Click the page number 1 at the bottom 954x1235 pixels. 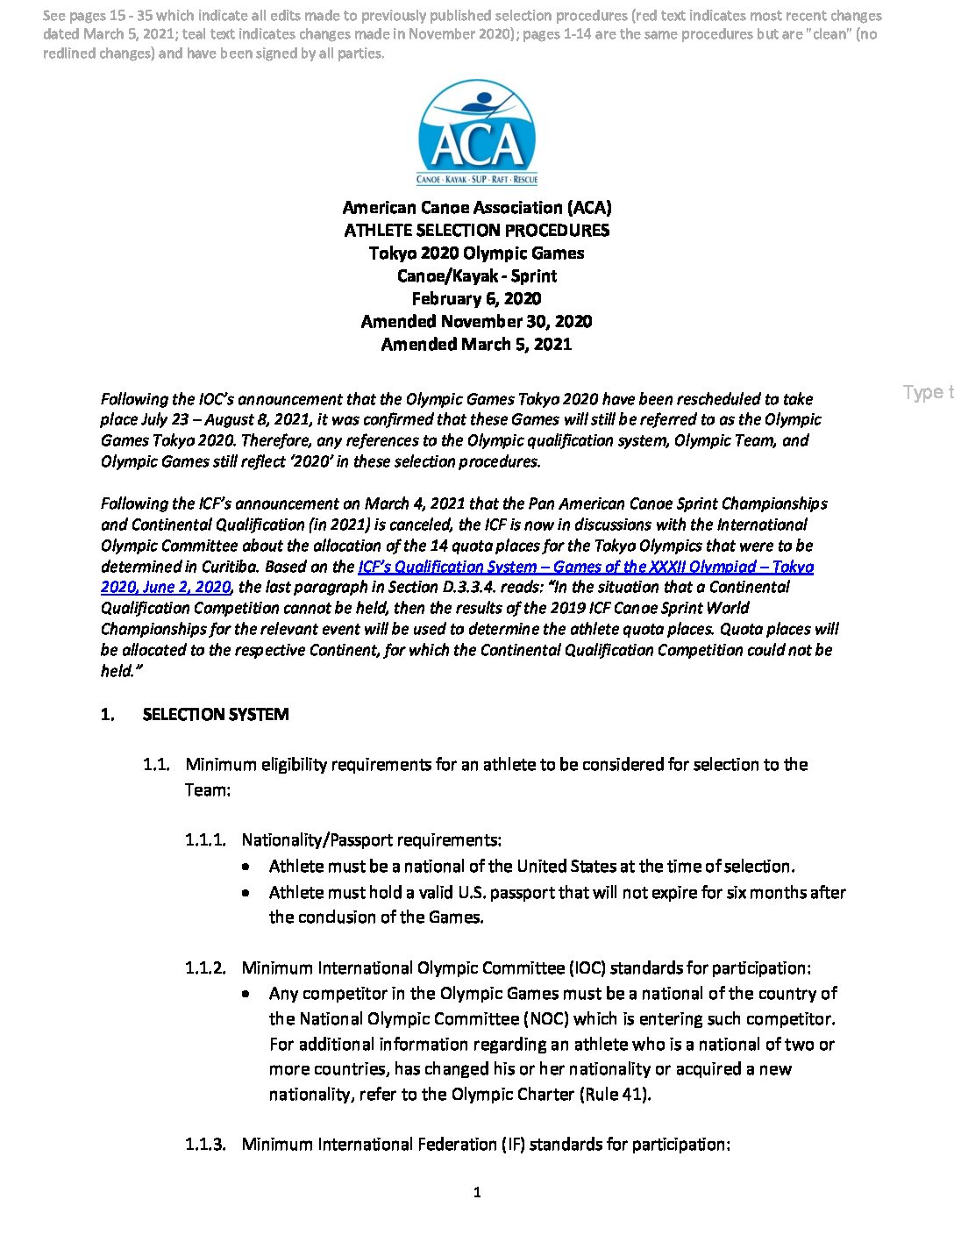coord(477,1192)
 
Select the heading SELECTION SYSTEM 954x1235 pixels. coord(216,715)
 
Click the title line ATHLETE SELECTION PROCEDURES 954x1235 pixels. coord(477,231)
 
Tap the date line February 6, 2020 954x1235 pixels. coord(477,299)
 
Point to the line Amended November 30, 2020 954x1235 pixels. coord(477,322)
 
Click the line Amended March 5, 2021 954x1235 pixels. coord(477,345)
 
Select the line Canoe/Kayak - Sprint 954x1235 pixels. coord(477,276)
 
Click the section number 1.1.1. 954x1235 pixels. coord(205,840)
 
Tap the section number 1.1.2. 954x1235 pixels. coord(205,968)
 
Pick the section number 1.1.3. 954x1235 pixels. coord(205,1145)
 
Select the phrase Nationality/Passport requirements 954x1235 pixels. coord(371,840)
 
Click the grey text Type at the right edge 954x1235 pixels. coord(926,392)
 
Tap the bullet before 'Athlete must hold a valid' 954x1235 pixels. coord(250,893)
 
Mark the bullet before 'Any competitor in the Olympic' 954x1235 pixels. coord(250,994)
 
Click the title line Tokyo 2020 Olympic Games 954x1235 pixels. coord(477,253)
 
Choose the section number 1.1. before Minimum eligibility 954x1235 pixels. coord(156,765)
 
